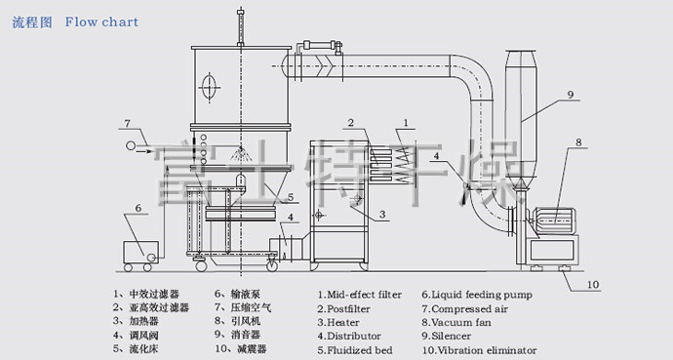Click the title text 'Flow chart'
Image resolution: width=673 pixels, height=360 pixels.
(x=101, y=21)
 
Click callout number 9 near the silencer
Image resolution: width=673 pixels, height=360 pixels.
(x=570, y=95)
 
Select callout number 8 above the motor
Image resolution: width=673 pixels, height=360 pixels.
(x=578, y=141)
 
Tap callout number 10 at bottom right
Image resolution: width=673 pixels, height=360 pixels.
(x=592, y=284)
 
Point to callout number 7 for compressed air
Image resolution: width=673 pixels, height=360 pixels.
(x=127, y=123)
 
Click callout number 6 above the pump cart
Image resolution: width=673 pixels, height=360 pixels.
(x=138, y=208)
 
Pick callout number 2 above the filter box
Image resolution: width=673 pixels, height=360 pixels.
(x=351, y=123)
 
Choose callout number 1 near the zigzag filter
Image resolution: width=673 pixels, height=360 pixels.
(x=406, y=123)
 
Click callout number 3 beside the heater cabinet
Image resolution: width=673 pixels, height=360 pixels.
(x=382, y=214)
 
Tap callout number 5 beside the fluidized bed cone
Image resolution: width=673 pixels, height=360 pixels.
(x=291, y=197)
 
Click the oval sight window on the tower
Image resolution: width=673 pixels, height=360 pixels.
(x=209, y=87)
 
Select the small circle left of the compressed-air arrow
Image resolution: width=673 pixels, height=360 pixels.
(x=130, y=146)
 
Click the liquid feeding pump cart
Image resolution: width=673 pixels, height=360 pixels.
(x=140, y=256)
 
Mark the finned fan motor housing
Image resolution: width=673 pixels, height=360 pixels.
(x=554, y=220)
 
